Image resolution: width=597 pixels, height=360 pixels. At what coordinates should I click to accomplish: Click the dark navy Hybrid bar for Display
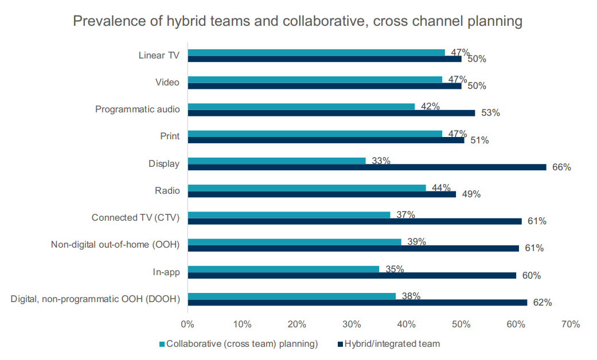[x=367, y=167]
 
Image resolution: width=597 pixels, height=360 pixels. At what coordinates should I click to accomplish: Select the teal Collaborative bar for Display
[x=276, y=161]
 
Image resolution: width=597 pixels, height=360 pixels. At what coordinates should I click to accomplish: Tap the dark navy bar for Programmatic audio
[x=331, y=113]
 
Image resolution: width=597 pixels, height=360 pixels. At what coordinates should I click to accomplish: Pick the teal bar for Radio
[x=307, y=187]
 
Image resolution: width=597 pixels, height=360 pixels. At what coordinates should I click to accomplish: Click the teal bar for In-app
[x=283, y=268]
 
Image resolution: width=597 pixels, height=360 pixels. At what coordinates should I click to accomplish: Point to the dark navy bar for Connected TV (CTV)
[x=355, y=221]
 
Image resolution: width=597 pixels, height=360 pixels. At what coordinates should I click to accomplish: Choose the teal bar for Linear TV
[x=316, y=53]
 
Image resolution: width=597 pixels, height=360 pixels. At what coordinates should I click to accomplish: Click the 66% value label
[x=561, y=167]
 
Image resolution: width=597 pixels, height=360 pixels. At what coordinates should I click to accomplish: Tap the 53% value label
[x=490, y=113]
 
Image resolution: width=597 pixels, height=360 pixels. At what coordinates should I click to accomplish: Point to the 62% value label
[x=542, y=303]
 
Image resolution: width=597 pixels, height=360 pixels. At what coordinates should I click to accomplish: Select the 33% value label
[x=381, y=161]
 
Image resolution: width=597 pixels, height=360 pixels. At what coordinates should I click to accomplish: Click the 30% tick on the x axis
[x=352, y=324]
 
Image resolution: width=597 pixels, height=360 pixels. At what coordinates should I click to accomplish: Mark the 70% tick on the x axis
[x=571, y=324]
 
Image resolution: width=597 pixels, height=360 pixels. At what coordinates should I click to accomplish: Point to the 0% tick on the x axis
[x=188, y=324]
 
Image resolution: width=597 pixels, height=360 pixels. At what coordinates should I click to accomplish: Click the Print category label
[x=170, y=136]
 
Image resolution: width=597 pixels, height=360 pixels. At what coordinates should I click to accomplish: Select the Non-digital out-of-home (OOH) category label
[x=115, y=245]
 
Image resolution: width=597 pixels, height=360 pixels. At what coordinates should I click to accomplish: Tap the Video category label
[x=167, y=82]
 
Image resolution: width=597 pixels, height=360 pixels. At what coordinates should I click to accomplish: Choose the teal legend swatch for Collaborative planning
[x=162, y=344]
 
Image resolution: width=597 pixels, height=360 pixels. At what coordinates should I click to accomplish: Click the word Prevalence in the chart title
[x=110, y=21]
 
